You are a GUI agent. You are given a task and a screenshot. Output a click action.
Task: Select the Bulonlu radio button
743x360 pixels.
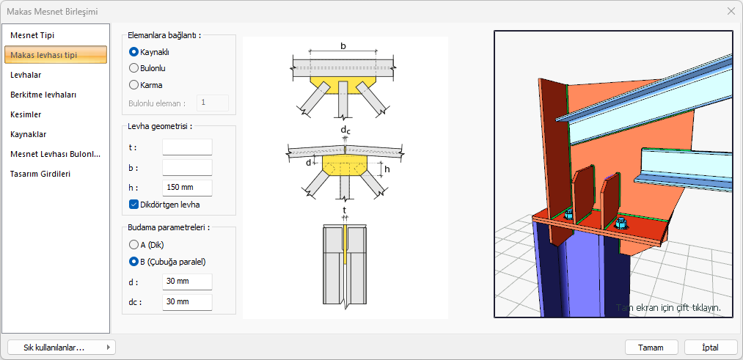(133, 68)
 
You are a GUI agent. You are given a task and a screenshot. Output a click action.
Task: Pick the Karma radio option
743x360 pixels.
(133, 85)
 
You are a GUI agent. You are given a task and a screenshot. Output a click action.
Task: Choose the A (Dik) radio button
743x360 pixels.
(133, 245)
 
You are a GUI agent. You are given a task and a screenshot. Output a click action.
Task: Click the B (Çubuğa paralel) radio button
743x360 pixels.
(133, 262)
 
